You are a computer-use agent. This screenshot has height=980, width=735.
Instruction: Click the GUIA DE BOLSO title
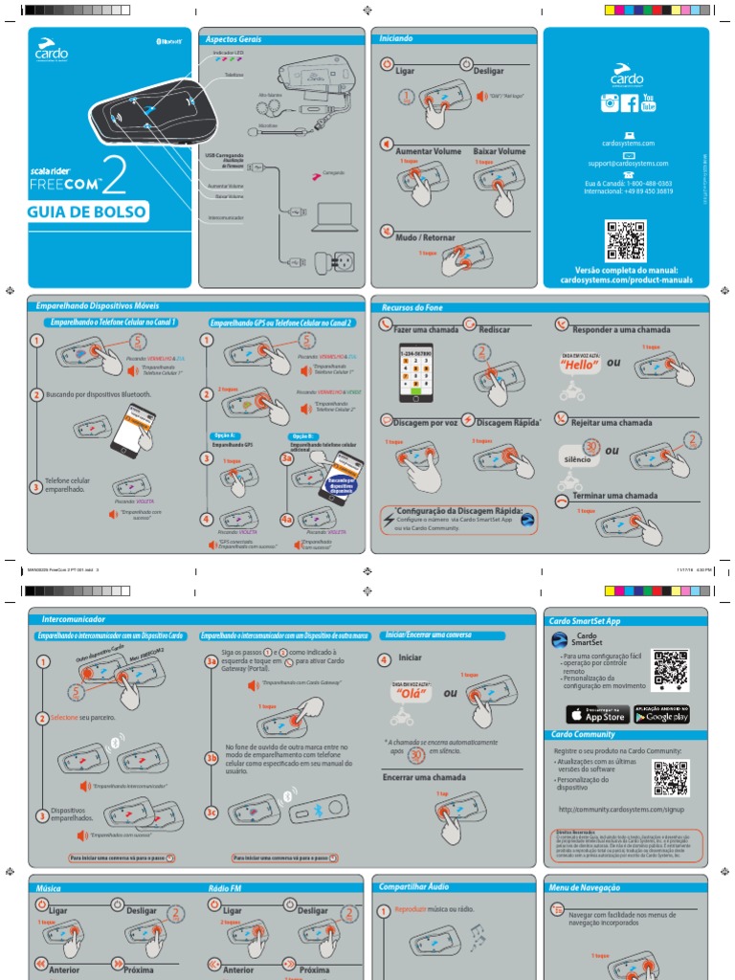click(x=87, y=212)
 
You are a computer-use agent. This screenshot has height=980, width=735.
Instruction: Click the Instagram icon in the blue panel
click(x=609, y=103)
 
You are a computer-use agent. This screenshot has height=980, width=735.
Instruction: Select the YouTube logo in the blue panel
click(x=649, y=103)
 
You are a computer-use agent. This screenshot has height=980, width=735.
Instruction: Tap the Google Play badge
click(x=661, y=715)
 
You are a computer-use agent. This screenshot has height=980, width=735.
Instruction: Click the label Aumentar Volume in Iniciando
click(x=428, y=151)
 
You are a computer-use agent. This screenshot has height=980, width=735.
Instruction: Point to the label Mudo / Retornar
click(x=425, y=236)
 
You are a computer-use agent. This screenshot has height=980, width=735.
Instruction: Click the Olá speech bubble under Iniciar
click(x=409, y=694)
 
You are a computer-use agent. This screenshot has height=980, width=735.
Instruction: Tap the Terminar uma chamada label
click(x=613, y=496)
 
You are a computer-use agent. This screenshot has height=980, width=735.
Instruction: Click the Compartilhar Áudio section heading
click(x=413, y=886)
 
